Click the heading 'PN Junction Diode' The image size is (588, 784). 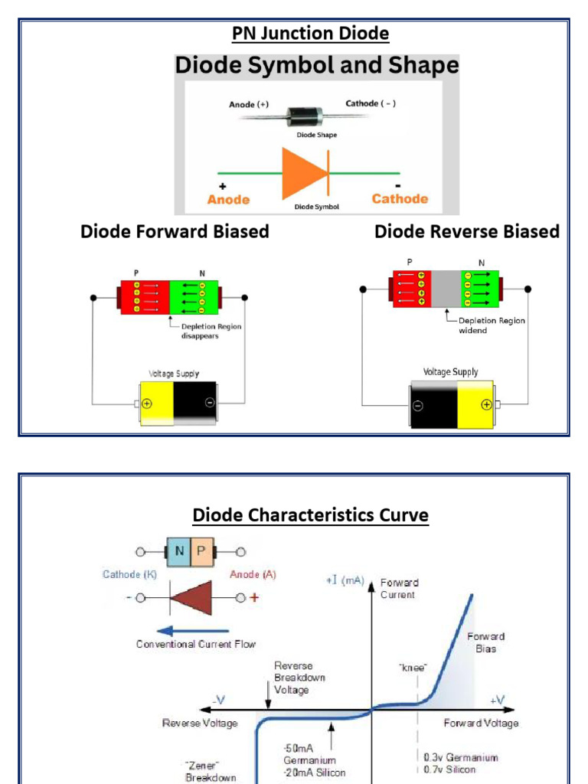click(x=310, y=34)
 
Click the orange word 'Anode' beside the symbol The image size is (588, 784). click(x=228, y=199)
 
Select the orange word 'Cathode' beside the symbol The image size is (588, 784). click(x=400, y=198)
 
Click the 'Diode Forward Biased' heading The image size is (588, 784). click(x=175, y=231)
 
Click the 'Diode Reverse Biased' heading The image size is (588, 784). click(x=466, y=231)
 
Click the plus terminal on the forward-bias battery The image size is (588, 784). click(x=147, y=403)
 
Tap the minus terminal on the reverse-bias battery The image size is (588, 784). click(x=417, y=406)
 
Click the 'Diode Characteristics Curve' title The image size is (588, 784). click(x=310, y=515)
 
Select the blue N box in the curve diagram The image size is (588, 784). click(x=178, y=551)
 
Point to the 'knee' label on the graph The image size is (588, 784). click(x=412, y=668)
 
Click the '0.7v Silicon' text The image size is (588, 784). click(x=449, y=769)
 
